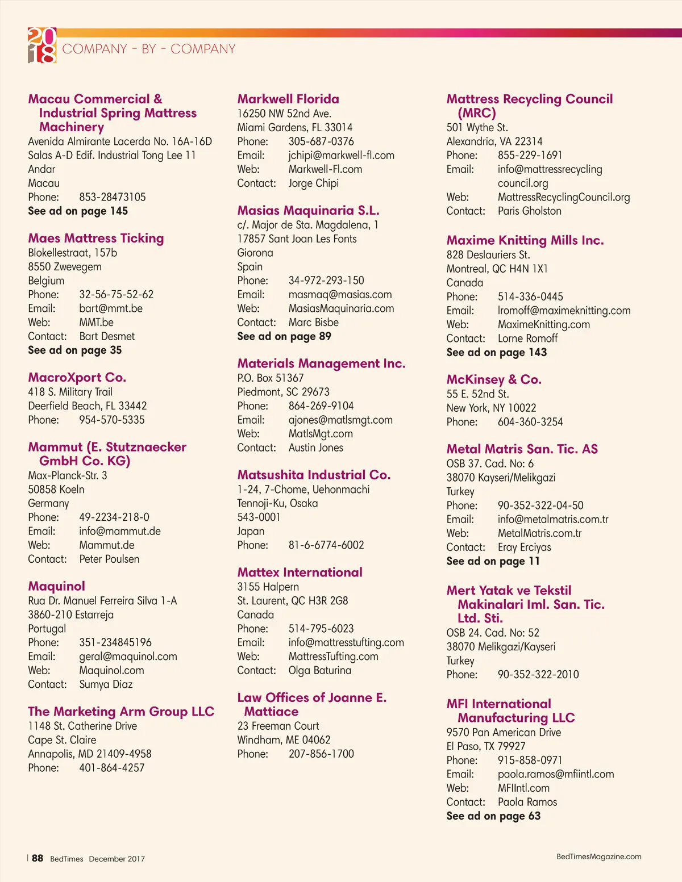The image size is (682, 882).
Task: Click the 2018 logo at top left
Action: coord(42,45)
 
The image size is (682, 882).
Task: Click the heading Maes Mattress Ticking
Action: coord(96,239)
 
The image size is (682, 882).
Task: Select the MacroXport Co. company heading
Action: coord(77,378)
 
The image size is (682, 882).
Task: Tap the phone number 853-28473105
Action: coord(113,197)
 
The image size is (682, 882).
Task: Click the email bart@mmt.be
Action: coord(111,308)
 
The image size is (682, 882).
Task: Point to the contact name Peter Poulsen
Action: coord(109,559)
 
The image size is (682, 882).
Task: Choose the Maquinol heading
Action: coord(57,586)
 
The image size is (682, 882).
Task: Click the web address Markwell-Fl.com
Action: coord(325,169)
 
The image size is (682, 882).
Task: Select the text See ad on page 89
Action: coord(284,336)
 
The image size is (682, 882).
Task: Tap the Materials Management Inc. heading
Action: coord(321,363)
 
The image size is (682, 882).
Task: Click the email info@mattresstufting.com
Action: coord(346,642)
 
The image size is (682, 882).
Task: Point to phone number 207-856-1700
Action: coord(321,754)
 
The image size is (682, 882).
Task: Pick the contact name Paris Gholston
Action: coord(529,211)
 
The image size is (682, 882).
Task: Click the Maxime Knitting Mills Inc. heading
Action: coord(525,240)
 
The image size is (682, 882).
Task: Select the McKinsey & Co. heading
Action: coord(494,379)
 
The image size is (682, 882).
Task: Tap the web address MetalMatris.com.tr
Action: coord(539,533)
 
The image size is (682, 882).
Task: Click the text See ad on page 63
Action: coord(493,816)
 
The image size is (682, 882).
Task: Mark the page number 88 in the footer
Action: coord(38,858)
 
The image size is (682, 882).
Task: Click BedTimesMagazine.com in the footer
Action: coord(598,856)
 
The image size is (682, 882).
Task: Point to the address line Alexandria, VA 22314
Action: coord(494,141)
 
